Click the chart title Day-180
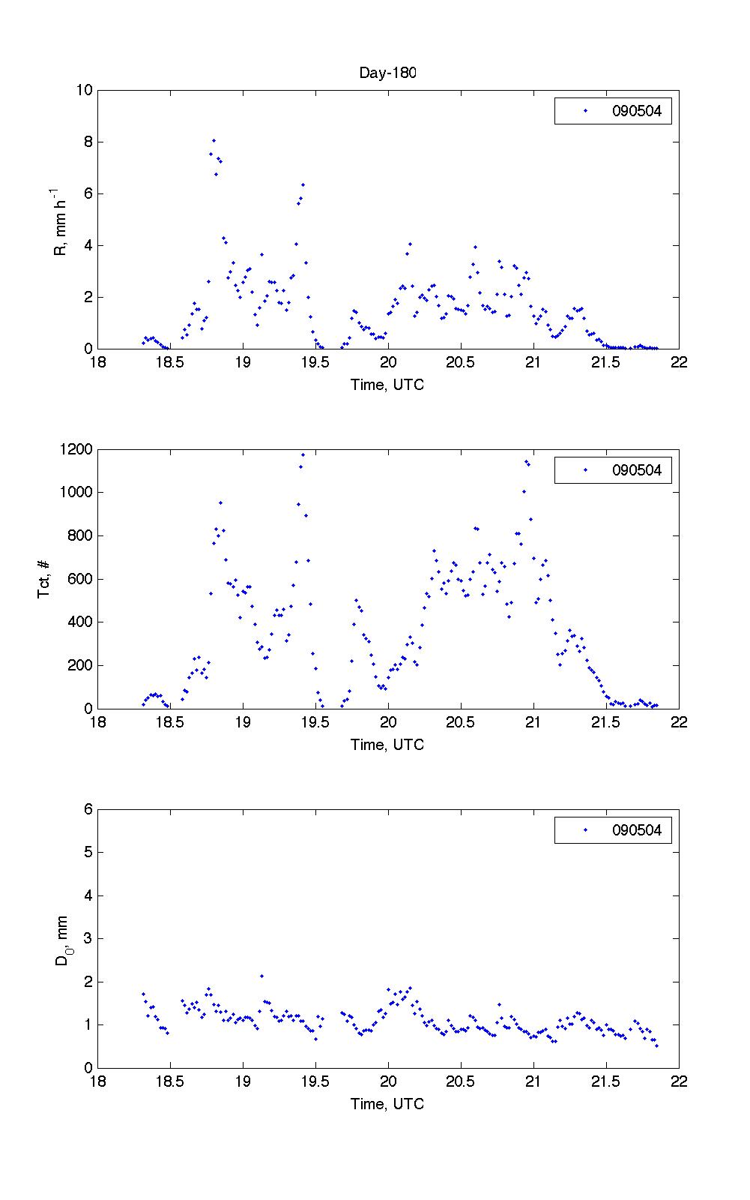(x=387, y=73)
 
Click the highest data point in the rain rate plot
(x=214, y=140)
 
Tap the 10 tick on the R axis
(x=84, y=91)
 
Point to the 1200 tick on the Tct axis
(x=77, y=450)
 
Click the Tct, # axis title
(x=44, y=579)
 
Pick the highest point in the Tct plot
(x=303, y=454)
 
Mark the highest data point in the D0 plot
(x=261, y=976)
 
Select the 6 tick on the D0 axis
(x=88, y=809)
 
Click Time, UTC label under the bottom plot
(x=387, y=1104)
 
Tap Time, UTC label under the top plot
(x=387, y=385)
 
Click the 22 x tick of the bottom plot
(x=679, y=1081)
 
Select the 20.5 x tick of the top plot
(x=460, y=363)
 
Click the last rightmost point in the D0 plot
(x=656, y=1045)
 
